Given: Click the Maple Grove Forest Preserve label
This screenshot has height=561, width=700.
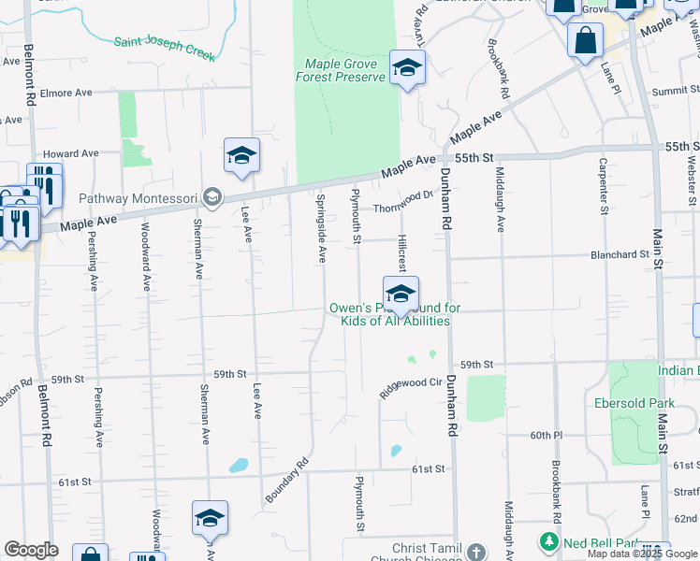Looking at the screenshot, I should point(341,70).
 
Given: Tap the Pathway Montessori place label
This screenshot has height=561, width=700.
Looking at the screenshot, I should point(139,197).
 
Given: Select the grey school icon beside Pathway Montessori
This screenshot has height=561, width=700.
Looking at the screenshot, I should point(212,196).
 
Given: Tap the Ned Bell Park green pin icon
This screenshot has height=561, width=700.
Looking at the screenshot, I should point(547,541).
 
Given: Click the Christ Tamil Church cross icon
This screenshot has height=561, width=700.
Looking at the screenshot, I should point(475,553).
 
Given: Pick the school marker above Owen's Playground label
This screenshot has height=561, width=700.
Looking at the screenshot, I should point(400,295).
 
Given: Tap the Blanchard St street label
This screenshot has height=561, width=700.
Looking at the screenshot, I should point(620,254).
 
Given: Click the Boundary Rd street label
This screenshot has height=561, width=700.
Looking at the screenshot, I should point(286,480).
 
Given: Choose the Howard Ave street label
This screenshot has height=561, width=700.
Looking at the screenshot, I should point(71,153).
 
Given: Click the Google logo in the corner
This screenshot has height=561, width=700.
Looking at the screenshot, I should point(31,550).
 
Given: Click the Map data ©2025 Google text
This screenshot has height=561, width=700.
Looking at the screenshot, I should point(642,554).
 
